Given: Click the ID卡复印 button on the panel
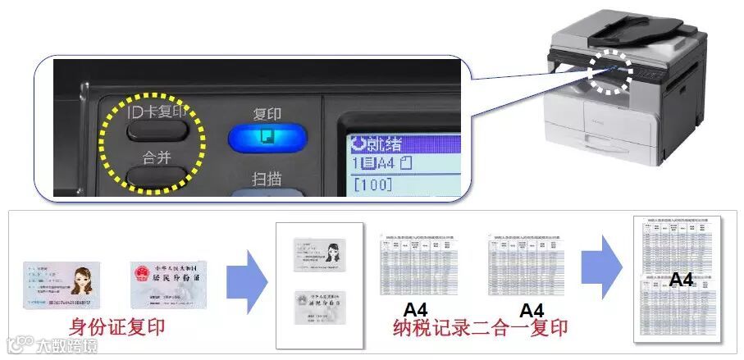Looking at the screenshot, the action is [x=158, y=127].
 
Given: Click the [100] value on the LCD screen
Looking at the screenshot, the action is [x=372, y=185].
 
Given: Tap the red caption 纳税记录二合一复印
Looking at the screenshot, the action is [x=480, y=328].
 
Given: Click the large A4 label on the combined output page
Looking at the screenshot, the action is [x=681, y=280].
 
